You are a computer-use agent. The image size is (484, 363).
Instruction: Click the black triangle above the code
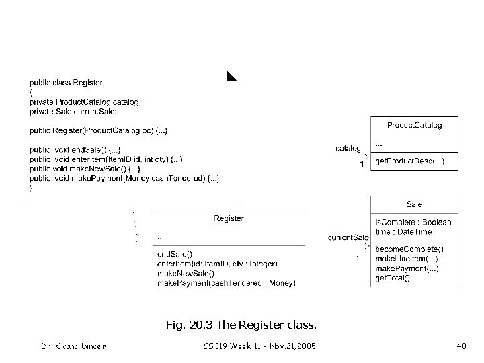231,75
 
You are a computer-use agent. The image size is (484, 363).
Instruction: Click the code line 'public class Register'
65,83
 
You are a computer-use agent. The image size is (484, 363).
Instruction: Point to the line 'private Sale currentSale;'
73,111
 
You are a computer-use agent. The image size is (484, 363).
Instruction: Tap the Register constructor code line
99,130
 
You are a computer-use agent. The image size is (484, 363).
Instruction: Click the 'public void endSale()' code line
75,149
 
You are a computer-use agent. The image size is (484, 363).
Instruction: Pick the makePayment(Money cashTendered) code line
124,178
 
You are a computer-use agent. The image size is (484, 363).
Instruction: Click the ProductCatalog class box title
414,125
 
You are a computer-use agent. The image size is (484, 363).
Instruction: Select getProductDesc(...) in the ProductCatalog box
409,163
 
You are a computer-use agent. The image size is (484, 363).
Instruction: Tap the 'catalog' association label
348,149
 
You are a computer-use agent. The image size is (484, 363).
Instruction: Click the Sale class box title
415,204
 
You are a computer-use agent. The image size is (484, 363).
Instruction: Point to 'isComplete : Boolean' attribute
413,222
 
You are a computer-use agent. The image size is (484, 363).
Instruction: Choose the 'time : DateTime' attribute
403,231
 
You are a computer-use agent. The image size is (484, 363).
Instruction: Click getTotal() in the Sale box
392,278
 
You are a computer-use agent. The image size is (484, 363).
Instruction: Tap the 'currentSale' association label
348,237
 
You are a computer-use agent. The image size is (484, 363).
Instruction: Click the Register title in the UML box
229,218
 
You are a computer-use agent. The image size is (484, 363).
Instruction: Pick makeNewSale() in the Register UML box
185,273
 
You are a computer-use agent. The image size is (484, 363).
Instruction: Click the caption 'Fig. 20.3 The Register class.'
241,326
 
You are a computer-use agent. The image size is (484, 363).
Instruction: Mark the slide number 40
461,346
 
